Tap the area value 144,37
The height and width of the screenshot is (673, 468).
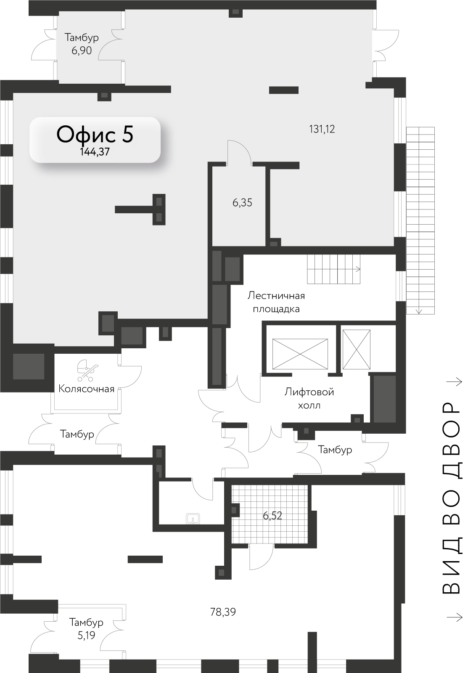point(95,152)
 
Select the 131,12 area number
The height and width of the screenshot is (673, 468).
point(322,129)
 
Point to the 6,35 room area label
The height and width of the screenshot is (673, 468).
point(242,203)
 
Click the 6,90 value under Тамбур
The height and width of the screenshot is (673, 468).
point(82,50)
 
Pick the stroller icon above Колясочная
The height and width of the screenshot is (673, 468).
point(87,371)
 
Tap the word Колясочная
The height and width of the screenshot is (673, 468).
point(87,389)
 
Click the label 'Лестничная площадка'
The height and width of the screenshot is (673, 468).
point(276,302)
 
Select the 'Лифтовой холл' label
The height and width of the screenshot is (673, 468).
point(309,399)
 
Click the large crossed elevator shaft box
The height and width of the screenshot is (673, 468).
point(300,354)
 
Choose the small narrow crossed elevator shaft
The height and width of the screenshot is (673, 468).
point(356,350)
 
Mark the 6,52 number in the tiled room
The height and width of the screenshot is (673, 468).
point(272,516)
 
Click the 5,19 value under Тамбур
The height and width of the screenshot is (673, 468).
point(86,636)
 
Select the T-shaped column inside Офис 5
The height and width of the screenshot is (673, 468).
point(140,209)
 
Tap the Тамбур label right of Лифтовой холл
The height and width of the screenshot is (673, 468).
point(335,450)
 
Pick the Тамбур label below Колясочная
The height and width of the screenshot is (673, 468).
point(77,434)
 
